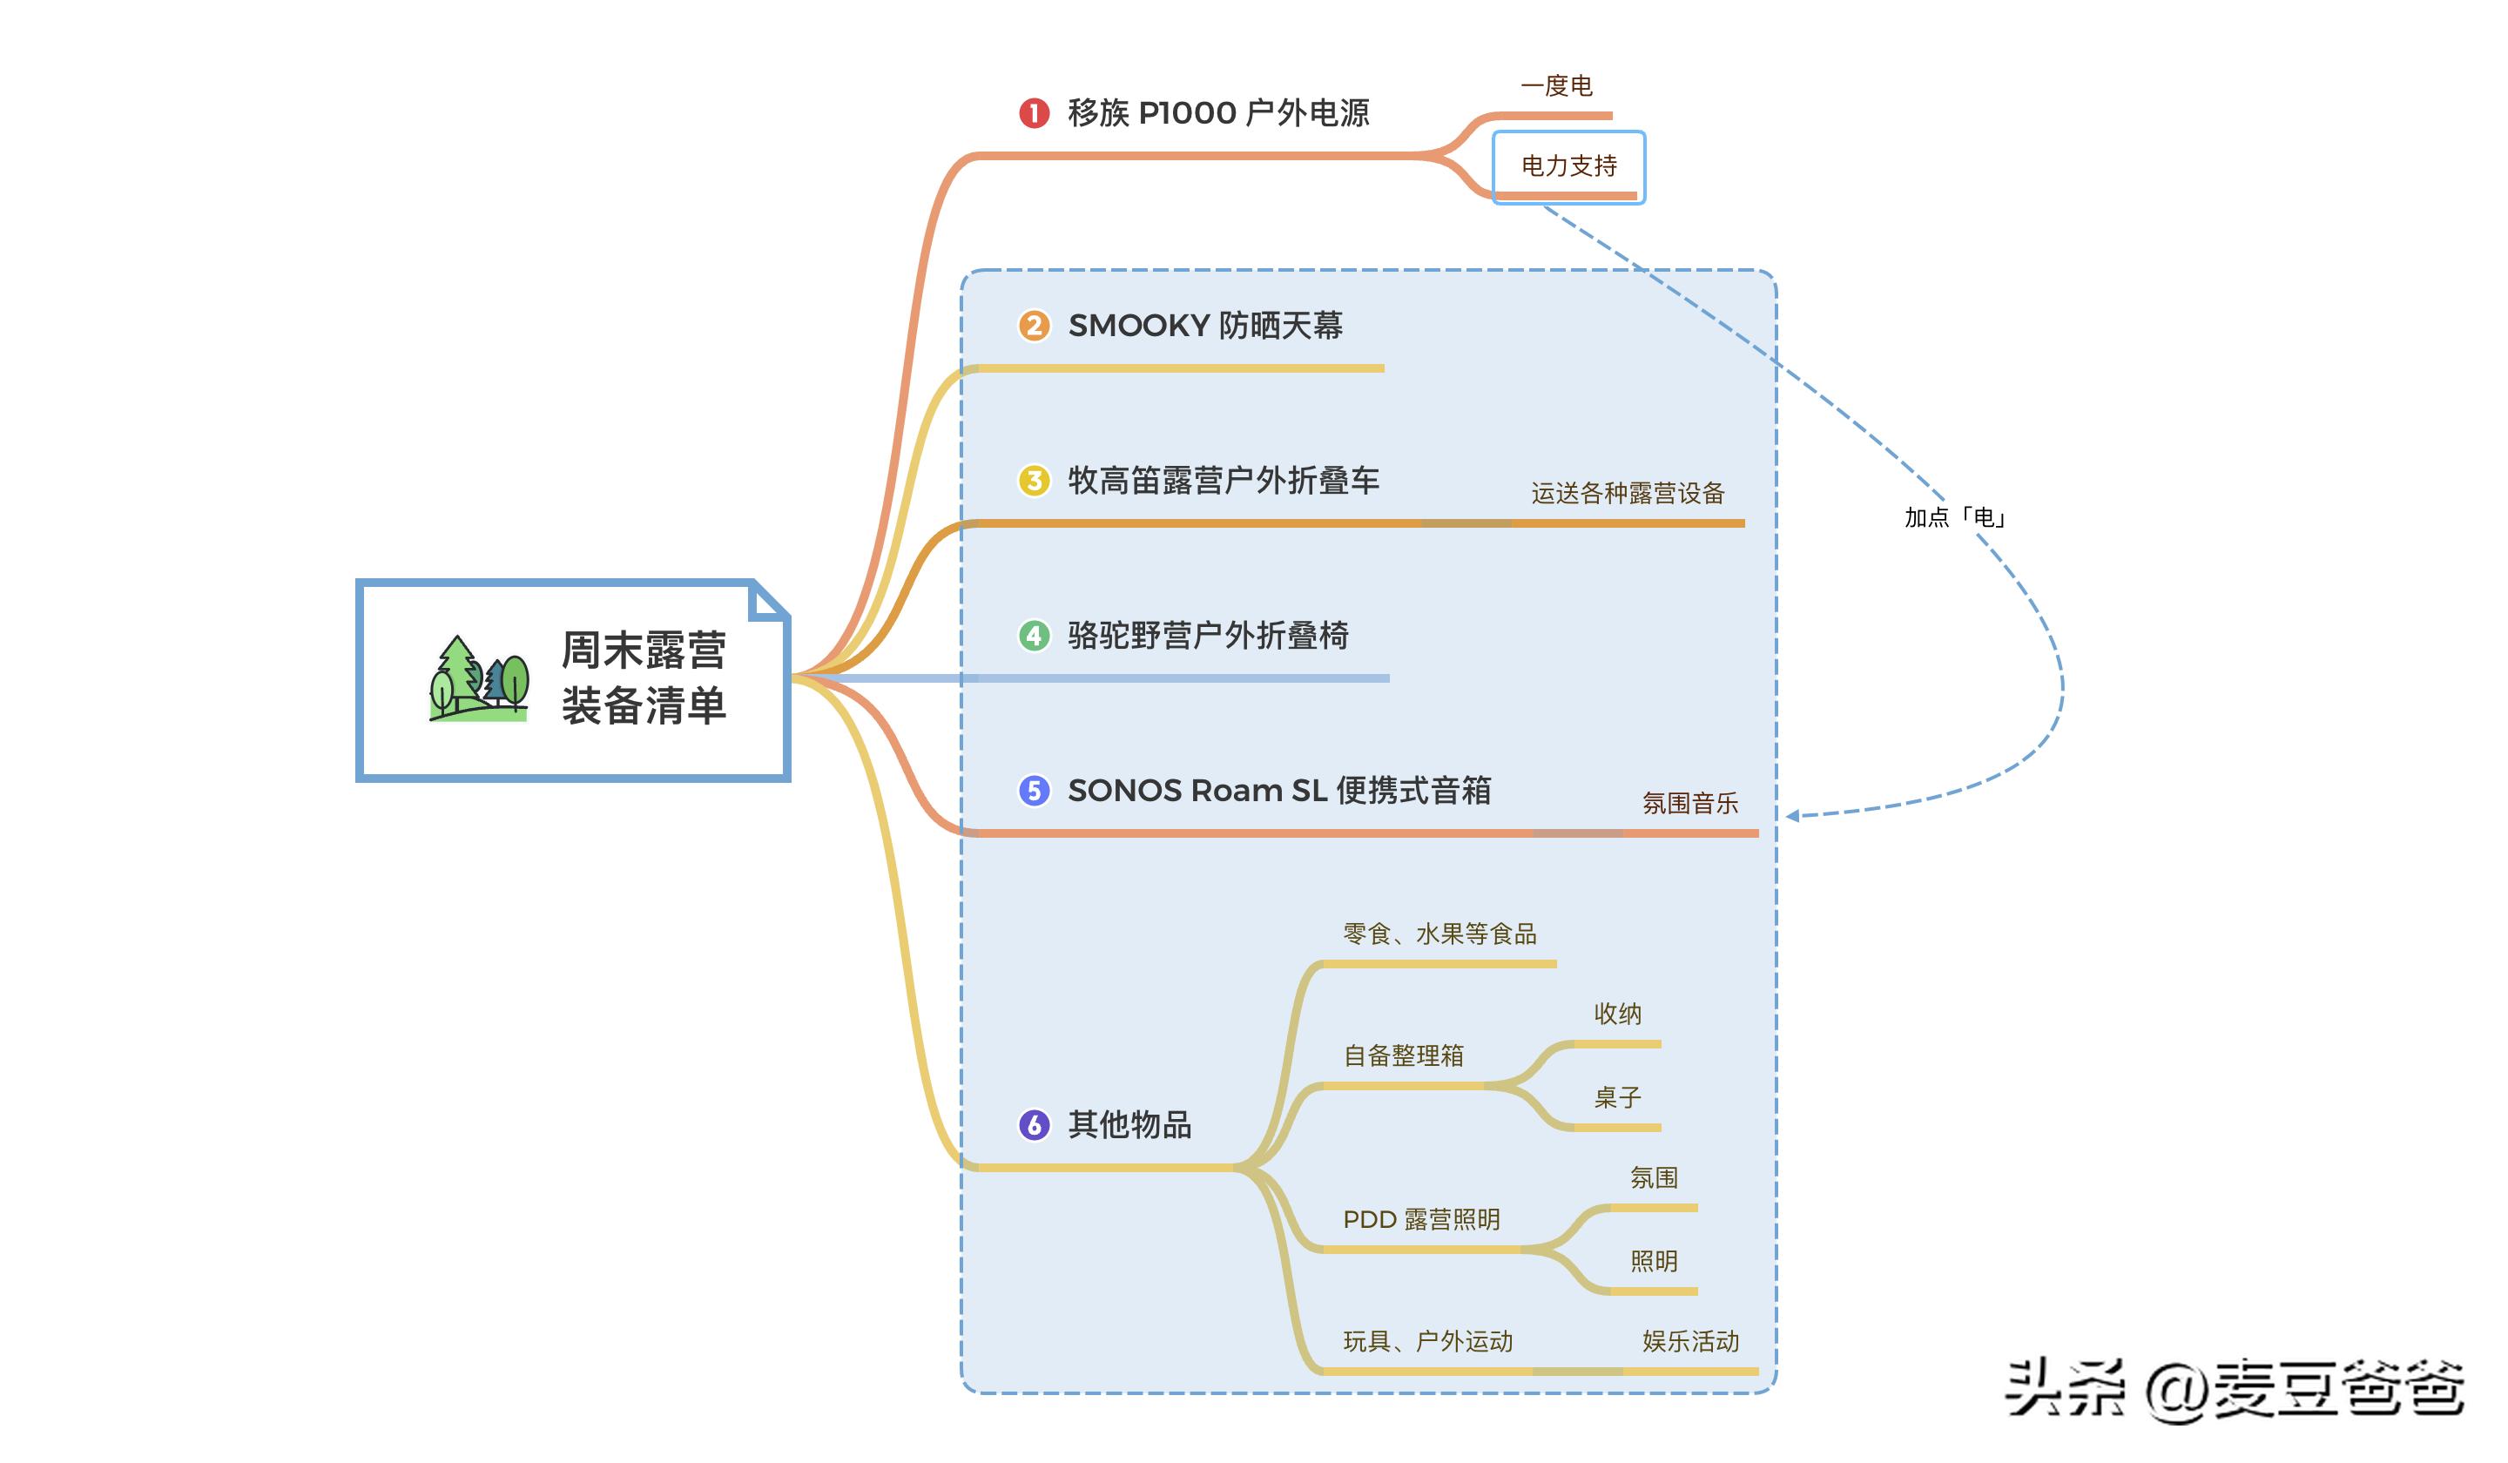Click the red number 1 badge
(1034, 113)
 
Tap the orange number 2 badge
(1034, 326)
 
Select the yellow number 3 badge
(1034, 481)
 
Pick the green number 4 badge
(1034, 635)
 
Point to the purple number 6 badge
(1034, 1124)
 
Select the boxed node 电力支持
(1568, 166)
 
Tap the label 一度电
(1556, 86)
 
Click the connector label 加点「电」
(1953, 517)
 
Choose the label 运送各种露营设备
(1628, 494)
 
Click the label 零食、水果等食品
(1439, 934)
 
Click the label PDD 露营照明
(1421, 1219)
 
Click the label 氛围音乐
(1690, 803)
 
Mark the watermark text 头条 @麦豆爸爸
(2235, 1389)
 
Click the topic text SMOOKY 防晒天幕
(1205, 326)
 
